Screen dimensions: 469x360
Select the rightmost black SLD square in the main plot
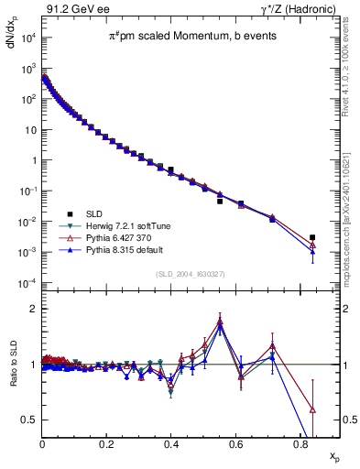312,237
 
